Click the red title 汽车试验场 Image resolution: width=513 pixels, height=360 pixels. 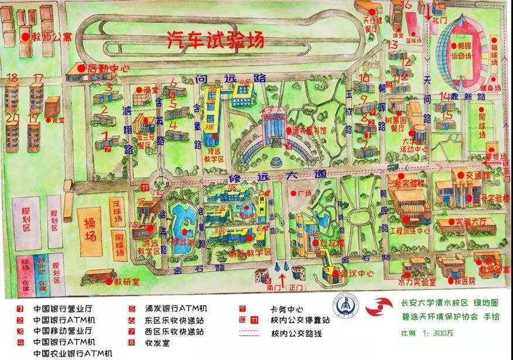(x=215, y=39)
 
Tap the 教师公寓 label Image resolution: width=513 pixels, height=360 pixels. (x=52, y=37)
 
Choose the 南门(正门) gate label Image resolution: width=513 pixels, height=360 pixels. (x=282, y=288)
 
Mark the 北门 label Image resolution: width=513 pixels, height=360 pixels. (x=440, y=19)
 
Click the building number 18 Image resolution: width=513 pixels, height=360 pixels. (x=12, y=78)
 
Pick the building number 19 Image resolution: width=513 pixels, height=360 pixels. (x=33, y=118)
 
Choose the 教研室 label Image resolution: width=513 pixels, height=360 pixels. (x=127, y=282)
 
